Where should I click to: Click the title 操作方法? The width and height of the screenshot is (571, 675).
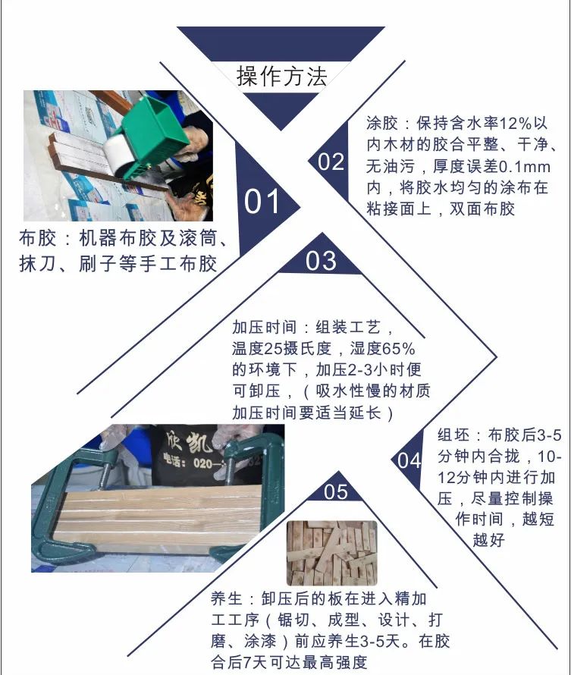(281, 77)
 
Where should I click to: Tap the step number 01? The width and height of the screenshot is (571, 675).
(262, 202)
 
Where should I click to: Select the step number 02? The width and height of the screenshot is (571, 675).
(331, 162)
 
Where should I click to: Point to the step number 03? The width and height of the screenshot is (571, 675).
(321, 261)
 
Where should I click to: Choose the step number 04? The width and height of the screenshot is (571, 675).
(409, 460)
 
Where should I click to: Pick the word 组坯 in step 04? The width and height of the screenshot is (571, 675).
(453, 436)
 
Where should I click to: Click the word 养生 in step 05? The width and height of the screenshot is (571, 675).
(227, 599)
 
